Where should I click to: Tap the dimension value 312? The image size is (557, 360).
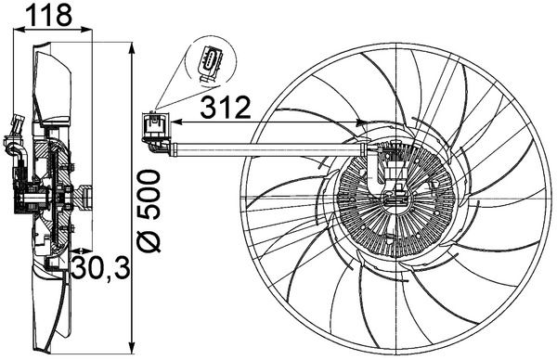225,109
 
